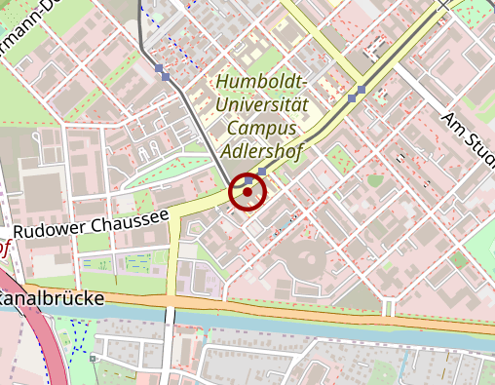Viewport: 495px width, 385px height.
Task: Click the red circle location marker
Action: [247, 192]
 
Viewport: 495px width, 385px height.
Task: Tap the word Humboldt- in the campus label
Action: [262, 82]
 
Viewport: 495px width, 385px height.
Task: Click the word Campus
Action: [263, 127]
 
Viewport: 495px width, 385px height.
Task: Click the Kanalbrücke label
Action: [52, 298]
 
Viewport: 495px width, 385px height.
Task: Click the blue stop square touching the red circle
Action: [249, 180]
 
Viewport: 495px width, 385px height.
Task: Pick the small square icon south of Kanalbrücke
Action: [93, 358]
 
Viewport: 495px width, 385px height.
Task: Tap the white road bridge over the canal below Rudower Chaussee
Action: [170, 314]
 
